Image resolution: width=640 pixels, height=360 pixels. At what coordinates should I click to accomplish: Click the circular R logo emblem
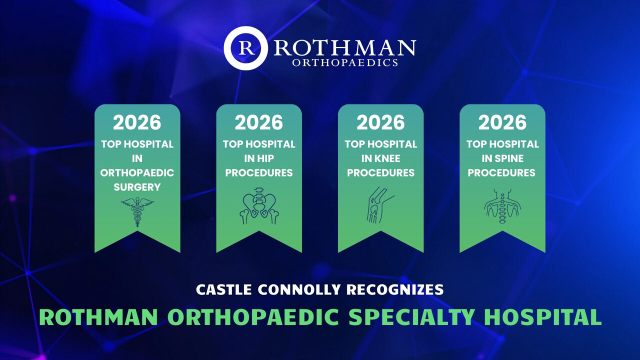(x=245, y=48)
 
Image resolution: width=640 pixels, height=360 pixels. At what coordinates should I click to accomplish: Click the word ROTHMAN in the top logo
(x=344, y=47)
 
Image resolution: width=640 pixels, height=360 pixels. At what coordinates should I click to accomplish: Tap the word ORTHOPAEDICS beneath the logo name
(x=344, y=63)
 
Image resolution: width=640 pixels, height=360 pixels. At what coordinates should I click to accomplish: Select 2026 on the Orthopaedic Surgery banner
(x=137, y=122)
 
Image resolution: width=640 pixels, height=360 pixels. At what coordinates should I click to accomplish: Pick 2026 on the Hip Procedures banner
(x=259, y=122)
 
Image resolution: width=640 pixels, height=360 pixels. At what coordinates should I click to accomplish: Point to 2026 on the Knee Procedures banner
(x=380, y=122)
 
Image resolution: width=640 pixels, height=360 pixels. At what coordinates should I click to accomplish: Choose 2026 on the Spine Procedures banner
(x=502, y=122)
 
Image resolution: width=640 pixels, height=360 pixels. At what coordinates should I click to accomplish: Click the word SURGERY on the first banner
(x=137, y=187)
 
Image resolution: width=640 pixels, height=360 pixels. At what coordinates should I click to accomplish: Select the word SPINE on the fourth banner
(x=514, y=158)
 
